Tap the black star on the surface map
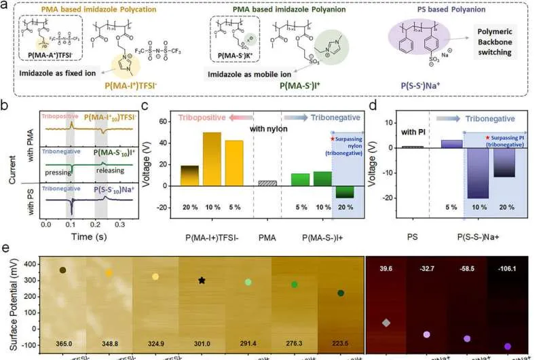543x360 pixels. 202,280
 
